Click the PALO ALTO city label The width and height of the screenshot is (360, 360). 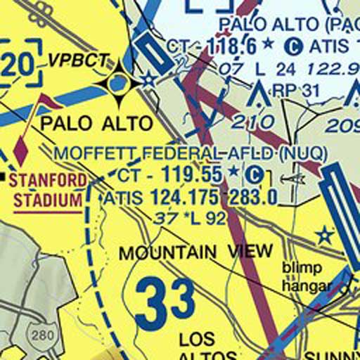96,124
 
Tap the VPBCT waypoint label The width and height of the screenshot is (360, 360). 79,60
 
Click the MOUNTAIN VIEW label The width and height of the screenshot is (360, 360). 195,252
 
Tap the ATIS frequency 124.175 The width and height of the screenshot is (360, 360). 185,198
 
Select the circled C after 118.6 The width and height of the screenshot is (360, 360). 293,47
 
